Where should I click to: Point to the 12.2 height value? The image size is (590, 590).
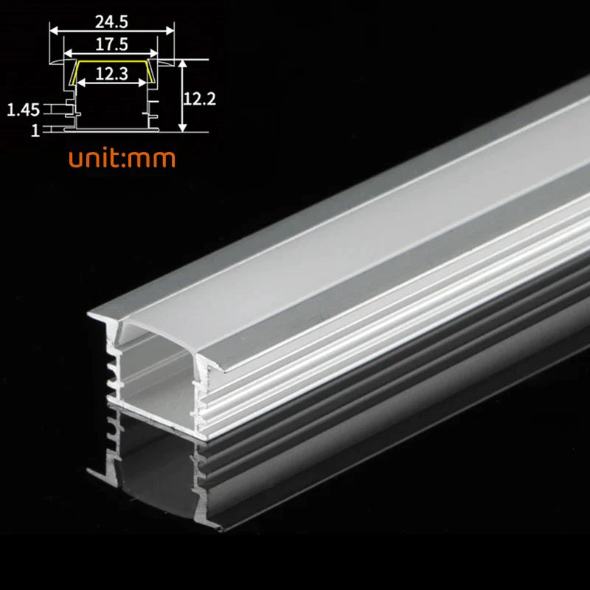click(199, 98)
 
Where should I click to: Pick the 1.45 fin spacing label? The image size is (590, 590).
click(23, 111)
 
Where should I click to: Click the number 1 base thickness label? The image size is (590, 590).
click(34, 131)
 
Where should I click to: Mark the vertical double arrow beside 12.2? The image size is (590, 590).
click(181, 96)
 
